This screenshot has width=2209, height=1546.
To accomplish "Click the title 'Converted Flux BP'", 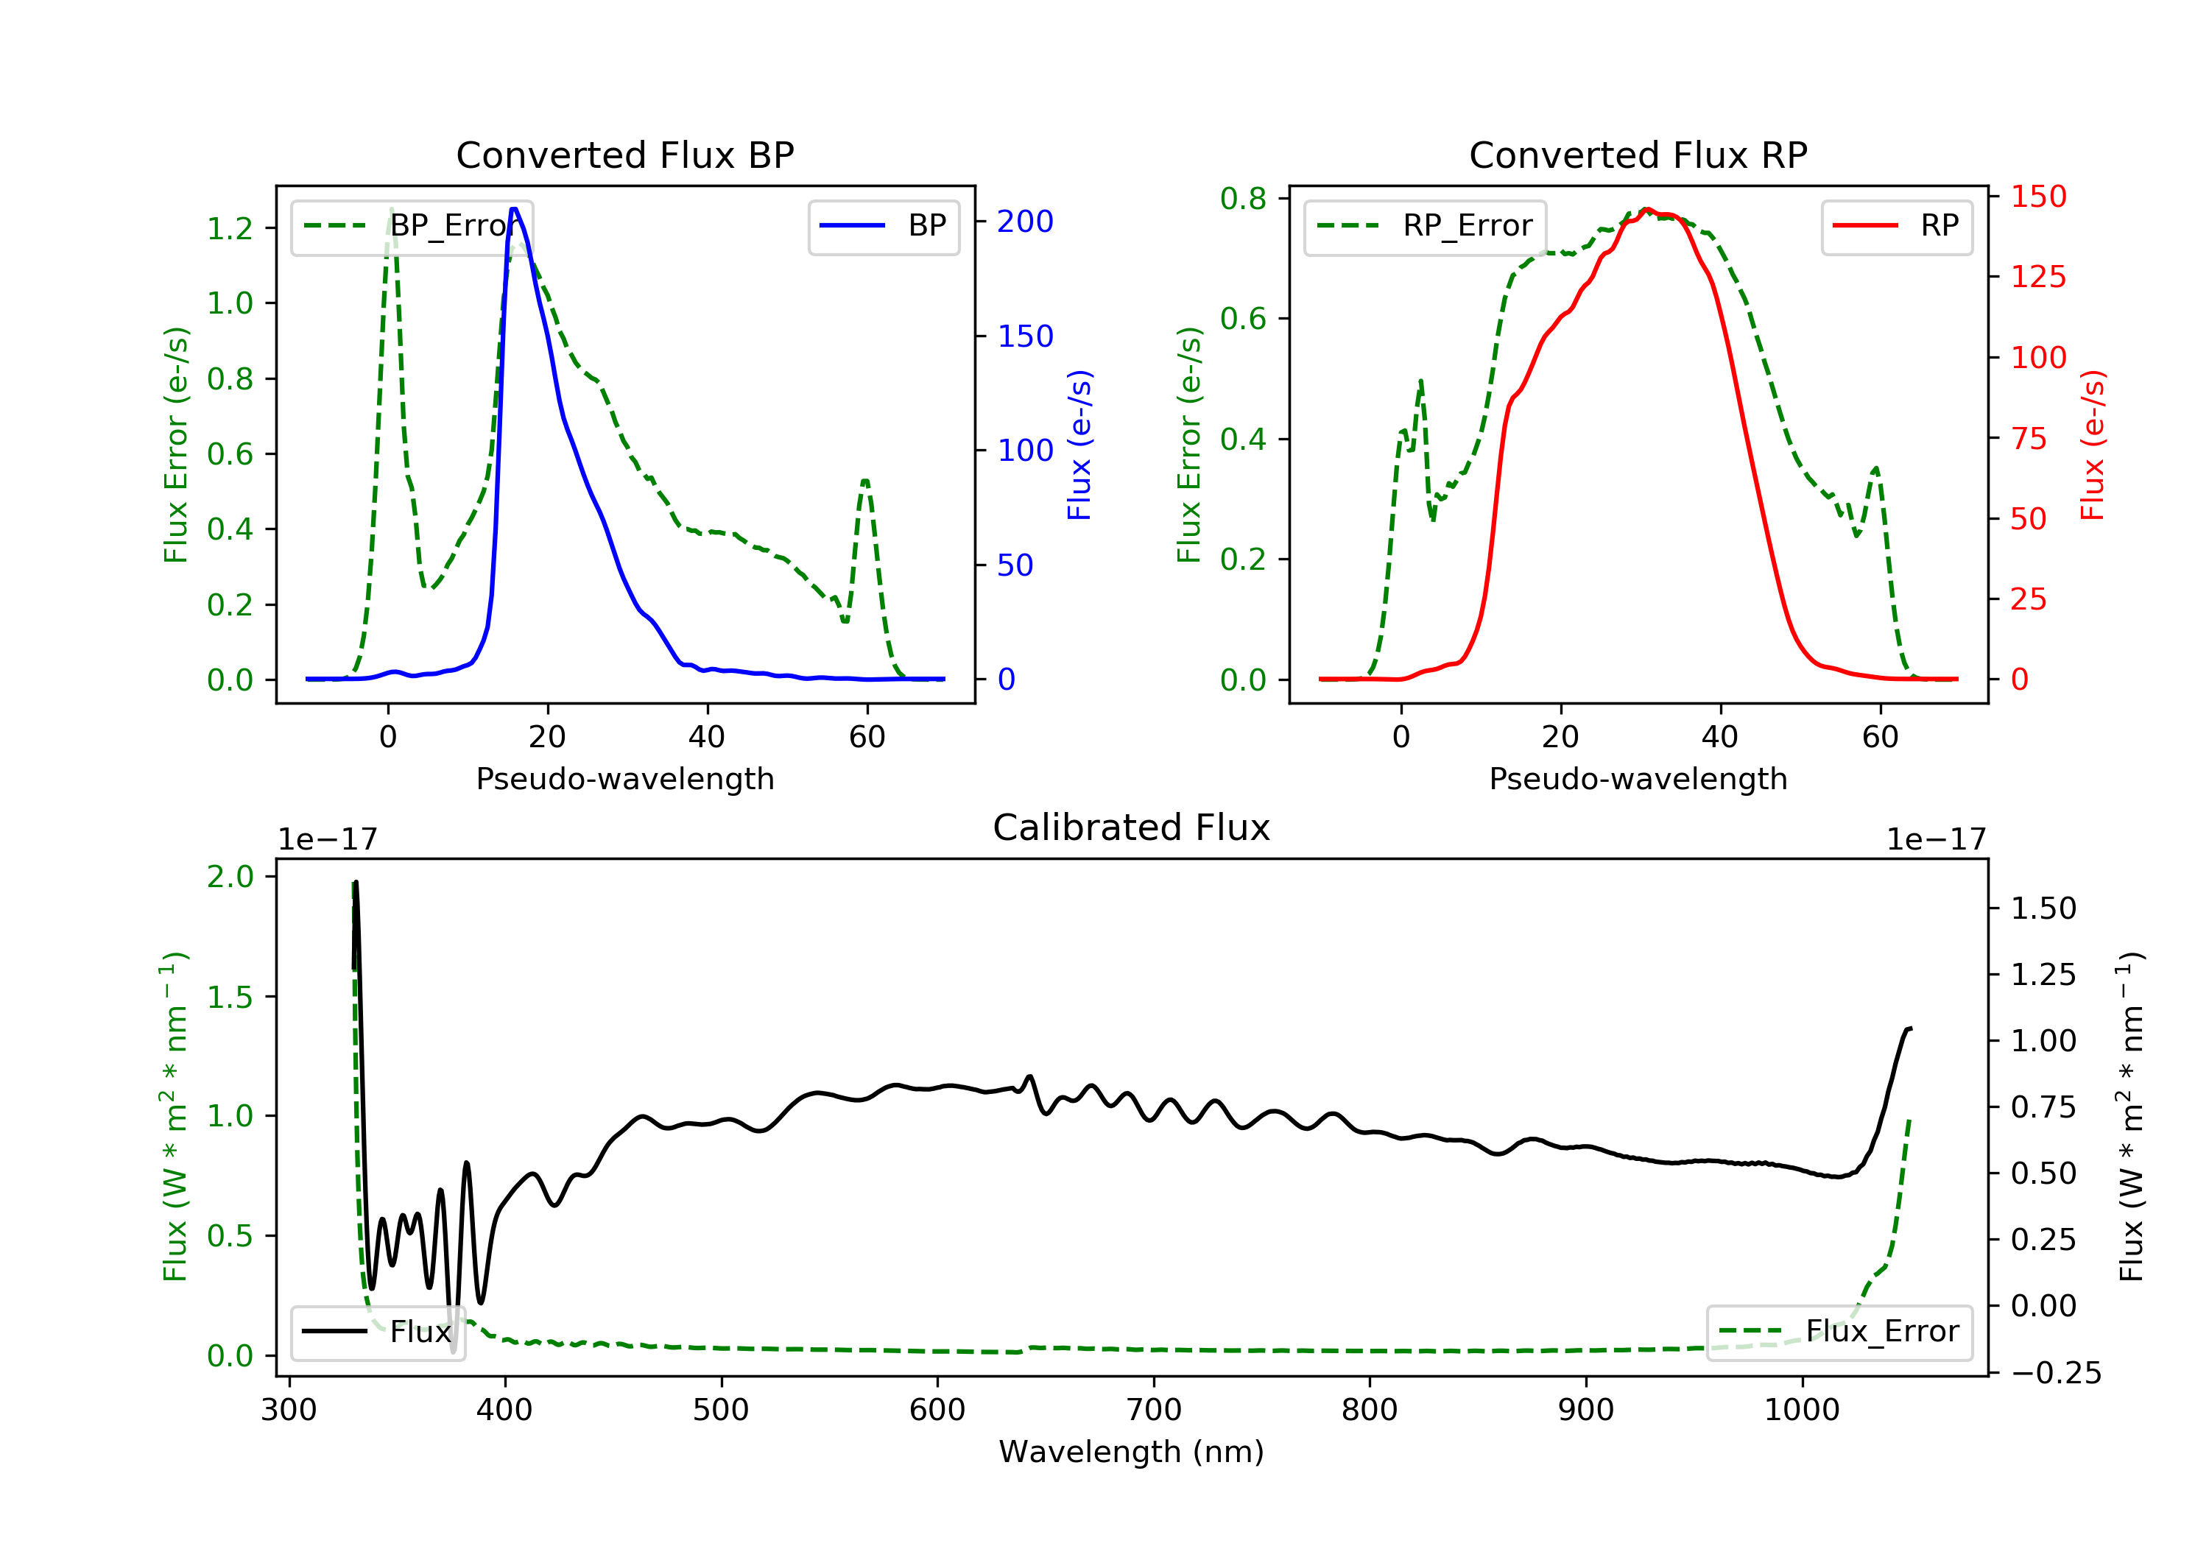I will pos(624,155).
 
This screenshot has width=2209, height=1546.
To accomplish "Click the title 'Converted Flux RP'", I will pos(1638,155).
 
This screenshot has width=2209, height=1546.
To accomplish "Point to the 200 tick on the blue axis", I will pos(1025,222).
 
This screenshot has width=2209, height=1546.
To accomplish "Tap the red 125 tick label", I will pos(2037,277).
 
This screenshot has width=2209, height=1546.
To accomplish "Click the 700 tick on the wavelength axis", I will pos(1152,1411).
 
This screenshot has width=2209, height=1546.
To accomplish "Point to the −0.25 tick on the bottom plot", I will pos(2055,1373).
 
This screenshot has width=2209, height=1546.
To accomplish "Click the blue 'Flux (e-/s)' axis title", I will pos(1079,445).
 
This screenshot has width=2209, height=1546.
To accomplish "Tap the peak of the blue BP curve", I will pos(514,209).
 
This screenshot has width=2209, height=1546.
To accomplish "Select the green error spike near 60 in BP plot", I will pos(865,481).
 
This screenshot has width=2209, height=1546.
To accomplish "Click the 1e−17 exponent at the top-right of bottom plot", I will pos(1935,840).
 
